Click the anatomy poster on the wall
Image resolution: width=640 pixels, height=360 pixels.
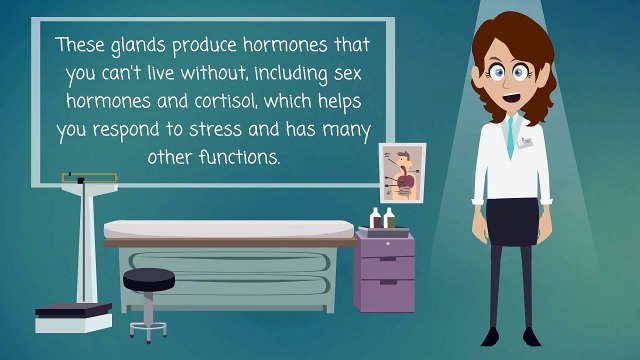(x=402, y=172)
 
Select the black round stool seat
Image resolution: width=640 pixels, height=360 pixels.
(x=148, y=277)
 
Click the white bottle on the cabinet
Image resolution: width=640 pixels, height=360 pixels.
(x=374, y=217)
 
